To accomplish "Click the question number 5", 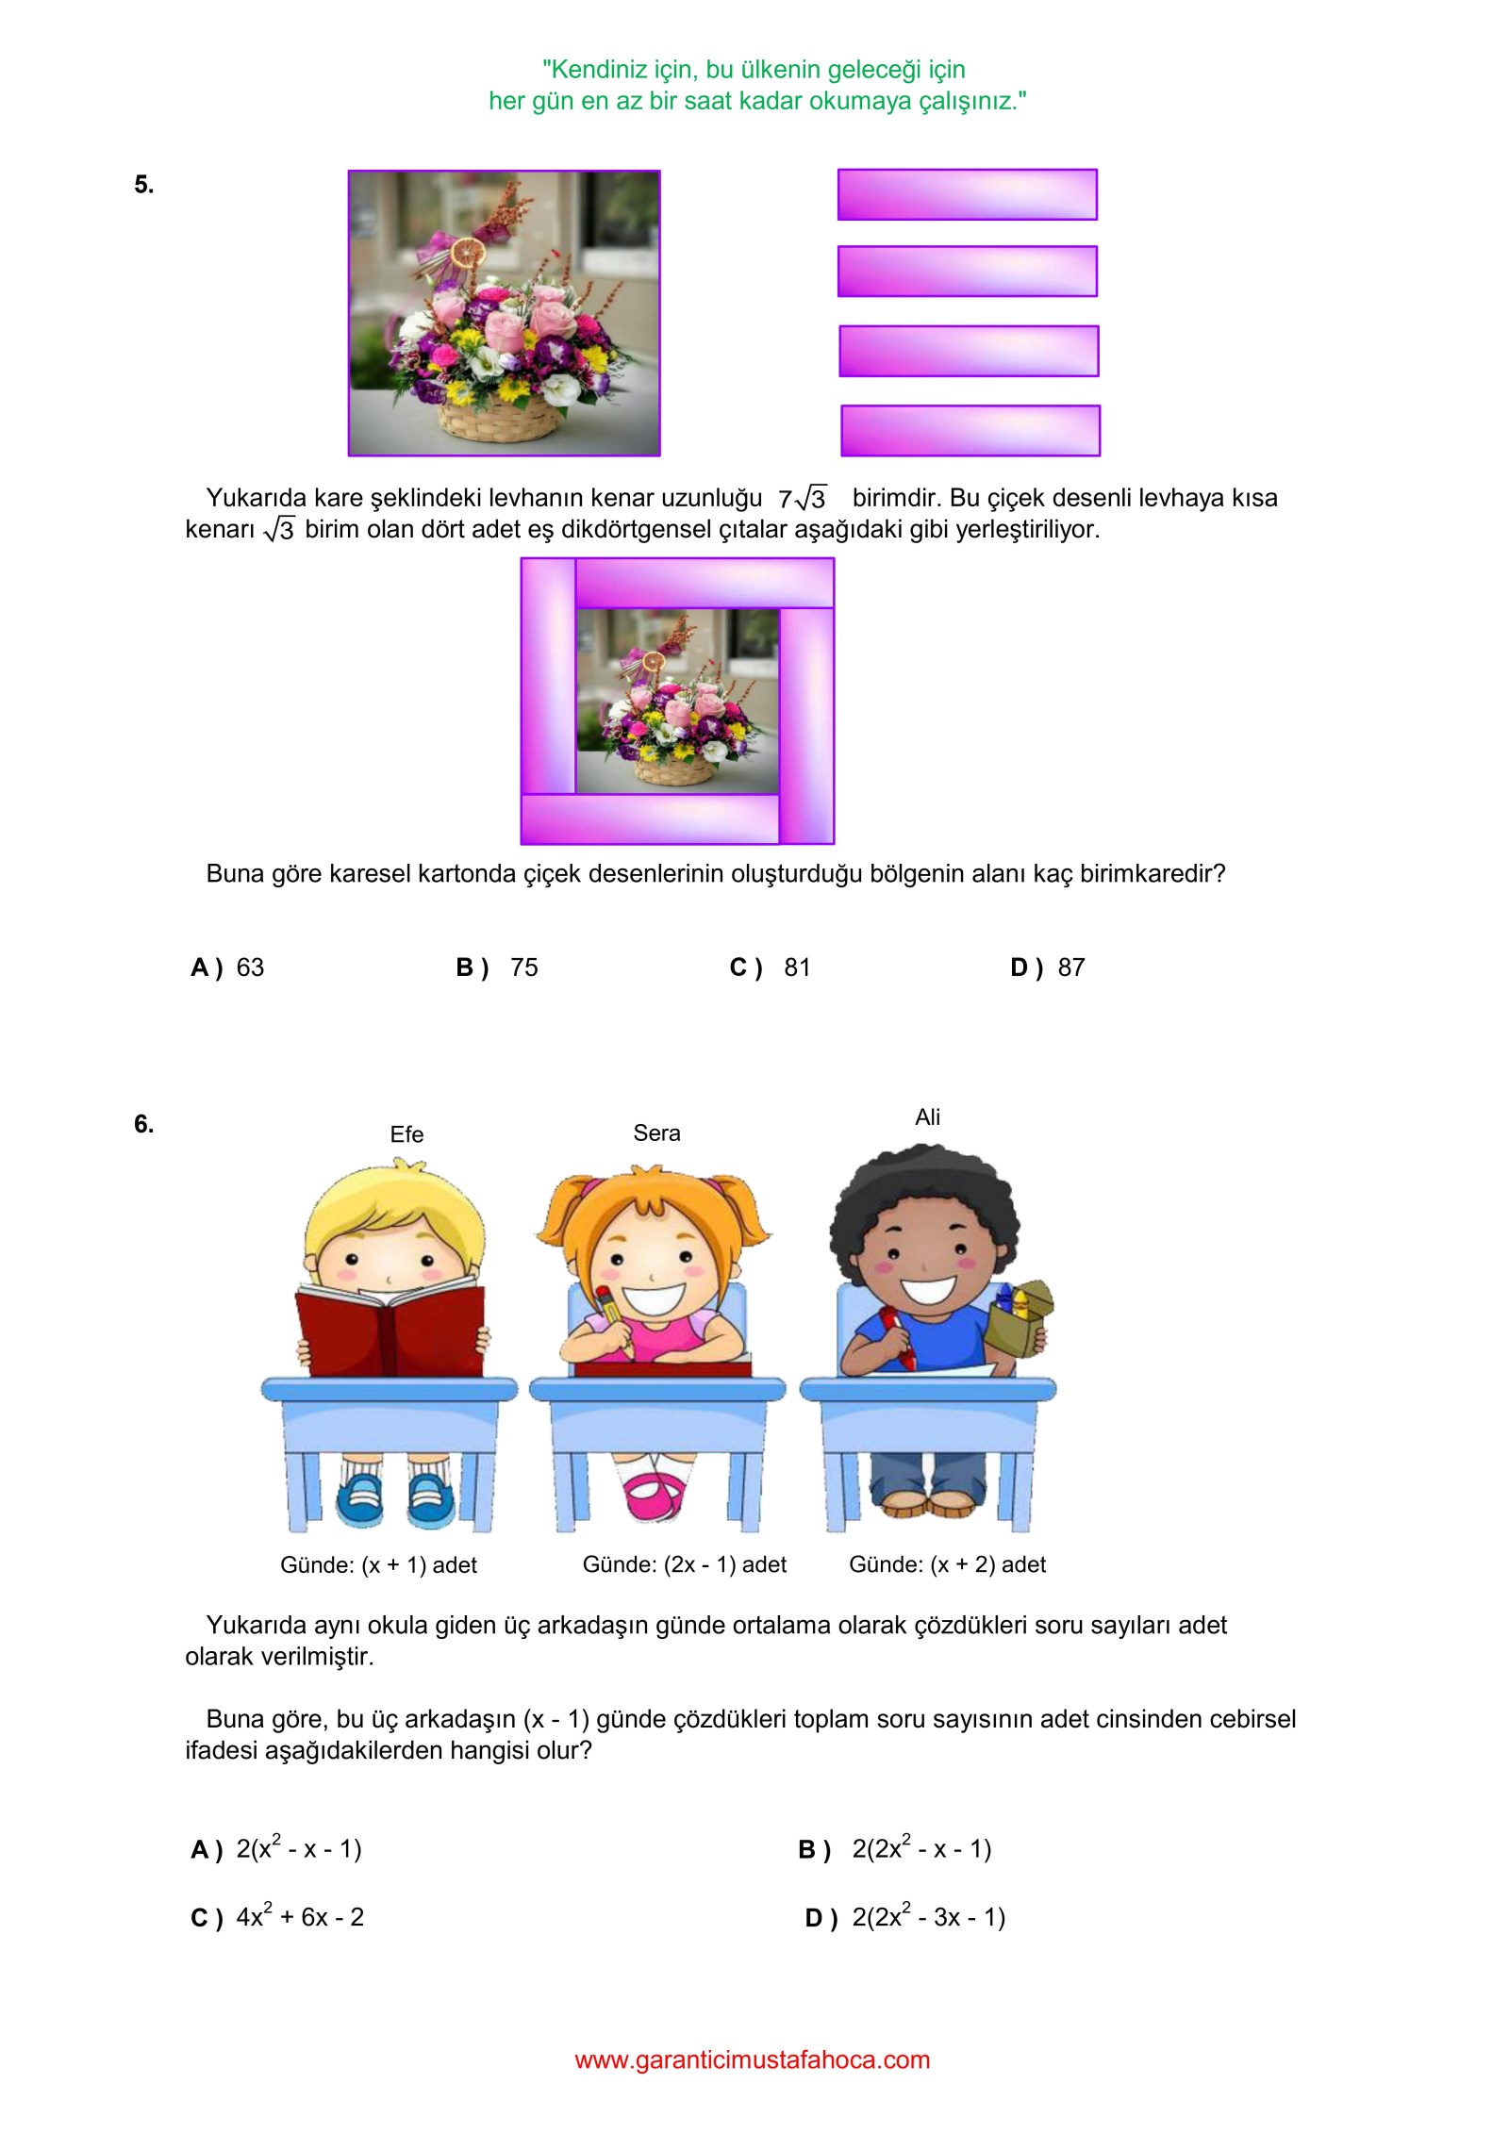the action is [143, 184].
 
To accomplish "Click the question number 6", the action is [143, 1123].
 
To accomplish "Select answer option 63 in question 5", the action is [228, 967].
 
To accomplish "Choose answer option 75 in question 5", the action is [497, 967].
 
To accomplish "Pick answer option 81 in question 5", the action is [771, 967].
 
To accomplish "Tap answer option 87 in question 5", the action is [1048, 967].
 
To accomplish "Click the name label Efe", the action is [406, 1133].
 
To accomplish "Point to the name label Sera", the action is [656, 1133].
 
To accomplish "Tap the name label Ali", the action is [927, 1116].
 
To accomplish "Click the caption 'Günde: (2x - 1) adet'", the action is [685, 1564].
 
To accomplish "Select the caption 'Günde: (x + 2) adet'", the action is [947, 1564].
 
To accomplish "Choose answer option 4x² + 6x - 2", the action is [277, 1917].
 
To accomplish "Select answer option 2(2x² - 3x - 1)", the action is [905, 1917].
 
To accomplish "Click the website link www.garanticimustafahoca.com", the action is [753, 2059].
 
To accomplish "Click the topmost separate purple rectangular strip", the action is [968, 194].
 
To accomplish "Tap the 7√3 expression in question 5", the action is [803, 498].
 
